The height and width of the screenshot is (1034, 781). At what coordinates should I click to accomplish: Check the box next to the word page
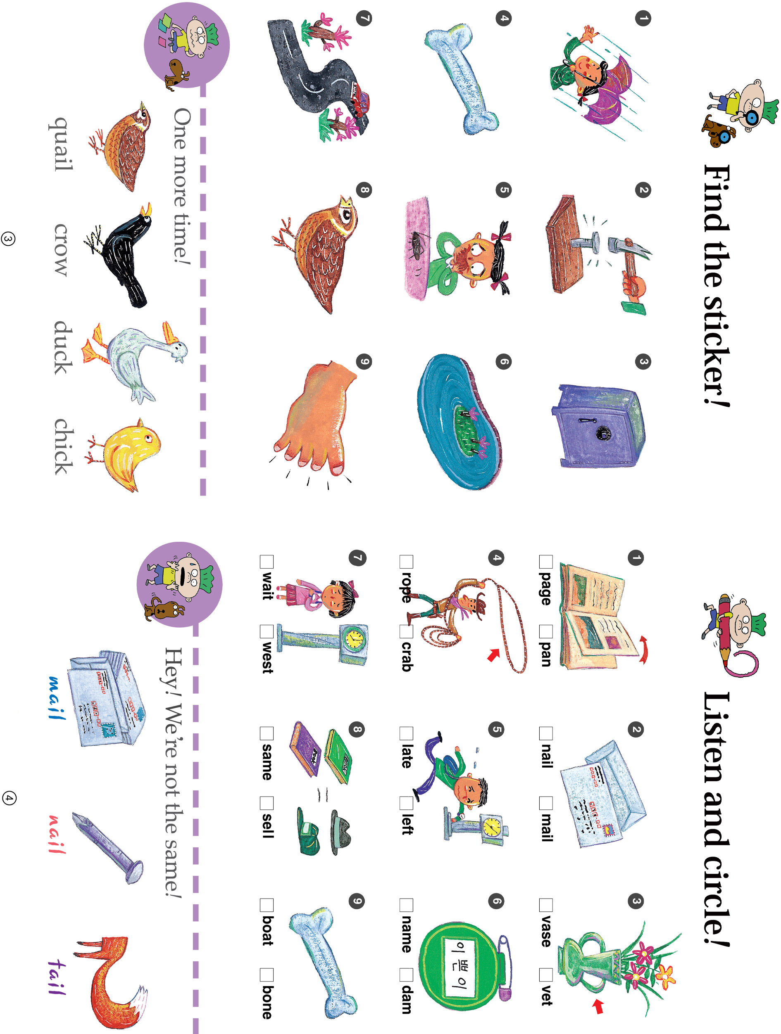(546, 562)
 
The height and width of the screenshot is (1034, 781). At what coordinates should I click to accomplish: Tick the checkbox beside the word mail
(546, 803)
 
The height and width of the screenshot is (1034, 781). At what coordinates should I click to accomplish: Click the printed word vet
(546, 994)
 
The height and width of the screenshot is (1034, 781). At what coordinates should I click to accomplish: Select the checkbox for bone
(267, 975)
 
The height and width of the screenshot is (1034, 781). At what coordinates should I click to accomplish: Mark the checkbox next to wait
(267, 562)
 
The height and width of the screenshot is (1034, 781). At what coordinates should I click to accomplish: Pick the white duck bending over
(136, 362)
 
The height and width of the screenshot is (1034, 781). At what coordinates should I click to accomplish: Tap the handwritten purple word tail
(57, 977)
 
